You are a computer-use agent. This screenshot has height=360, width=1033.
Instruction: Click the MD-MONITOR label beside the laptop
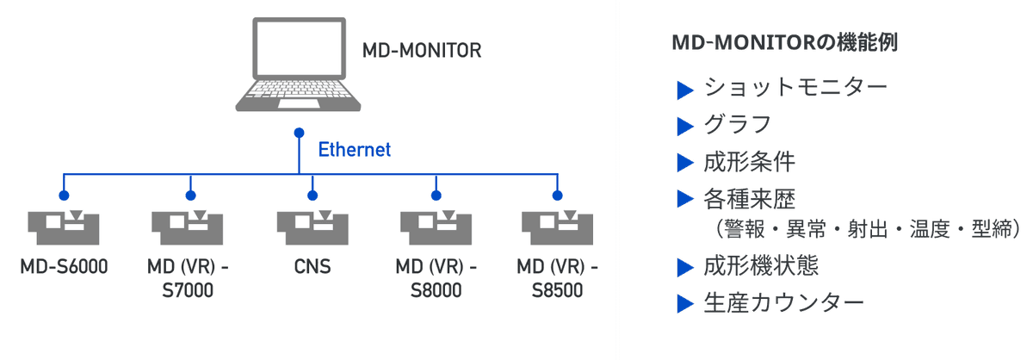pyautogui.click(x=421, y=50)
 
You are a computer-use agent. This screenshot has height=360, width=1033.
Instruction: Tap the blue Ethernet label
pyautogui.click(x=355, y=150)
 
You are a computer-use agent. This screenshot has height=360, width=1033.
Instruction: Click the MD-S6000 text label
pyautogui.click(x=64, y=266)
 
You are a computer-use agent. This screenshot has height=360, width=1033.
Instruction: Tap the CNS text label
pyautogui.click(x=311, y=266)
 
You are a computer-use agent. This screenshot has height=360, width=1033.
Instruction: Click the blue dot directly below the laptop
pyautogui.click(x=299, y=133)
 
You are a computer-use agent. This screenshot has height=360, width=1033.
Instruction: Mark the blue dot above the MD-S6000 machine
pyautogui.click(x=64, y=196)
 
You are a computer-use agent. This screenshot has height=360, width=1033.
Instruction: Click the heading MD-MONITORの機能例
pyautogui.click(x=784, y=43)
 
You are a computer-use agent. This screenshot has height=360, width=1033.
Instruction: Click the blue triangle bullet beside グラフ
pyautogui.click(x=685, y=126)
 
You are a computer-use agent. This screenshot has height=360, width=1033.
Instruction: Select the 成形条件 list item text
pyautogui.click(x=750, y=162)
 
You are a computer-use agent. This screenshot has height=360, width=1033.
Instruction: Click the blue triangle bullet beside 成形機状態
pyautogui.click(x=685, y=266)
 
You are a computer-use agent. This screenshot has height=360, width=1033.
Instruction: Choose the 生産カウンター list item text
pyautogui.click(x=783, y=303)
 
